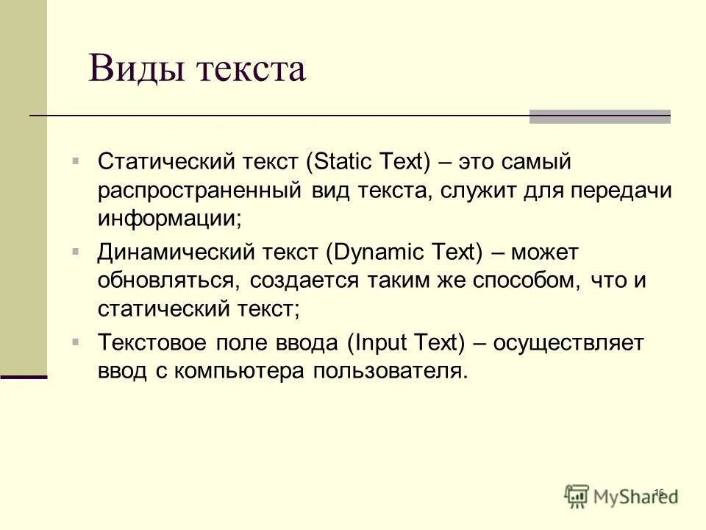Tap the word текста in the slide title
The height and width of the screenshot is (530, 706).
pos(250,70)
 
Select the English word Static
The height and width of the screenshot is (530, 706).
pos(340,161)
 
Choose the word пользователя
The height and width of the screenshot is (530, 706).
pos(391,372)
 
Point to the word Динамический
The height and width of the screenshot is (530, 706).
pos(171,252)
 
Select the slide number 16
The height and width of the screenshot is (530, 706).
pos(658,492)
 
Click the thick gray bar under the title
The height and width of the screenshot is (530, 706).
pos(599,116)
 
